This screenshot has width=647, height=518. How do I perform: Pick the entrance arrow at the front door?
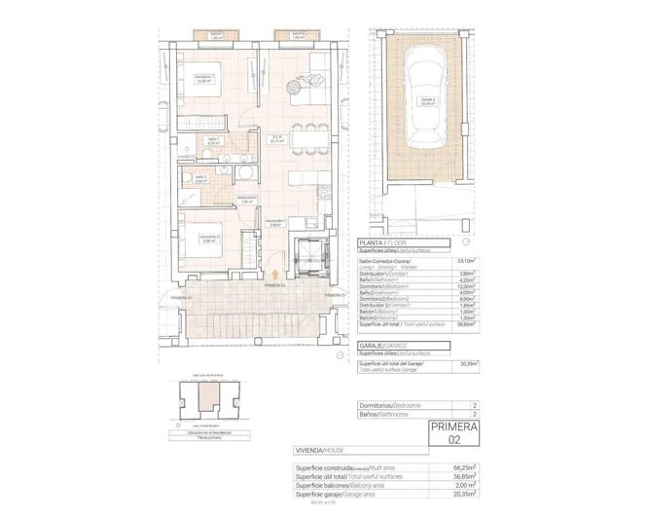coord(278,277)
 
